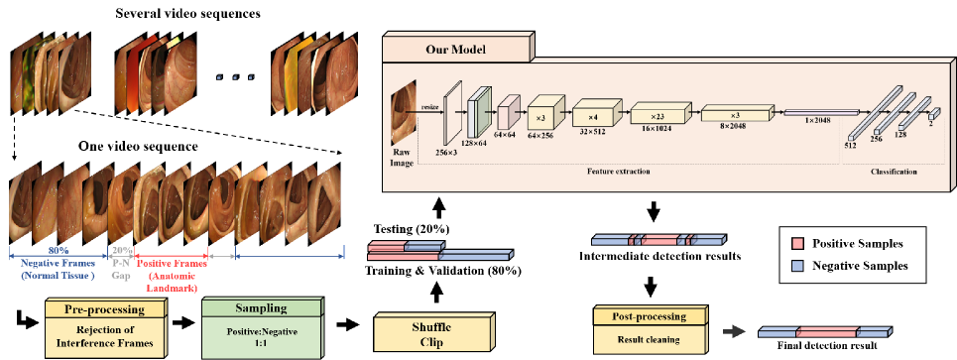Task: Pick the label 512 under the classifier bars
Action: coord(849,144)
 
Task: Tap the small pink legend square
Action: coord(797,243)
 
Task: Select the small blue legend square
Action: coord(797,266)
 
